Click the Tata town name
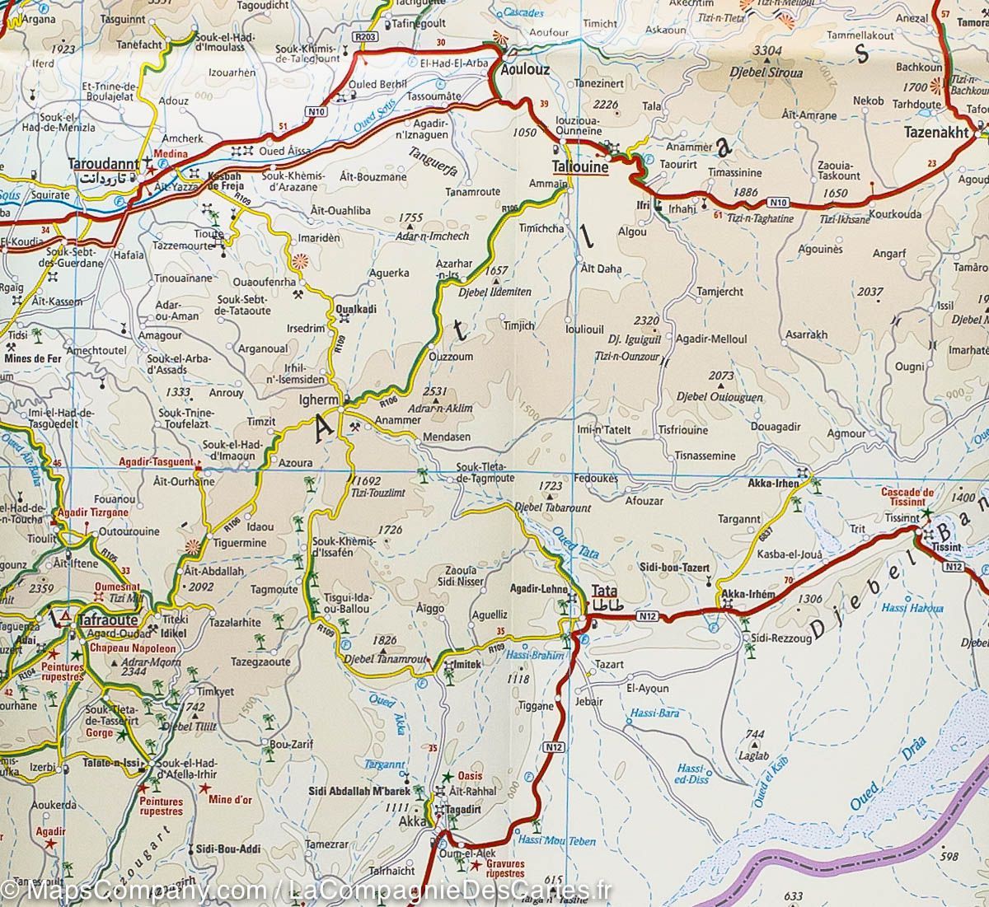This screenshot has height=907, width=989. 604,591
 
